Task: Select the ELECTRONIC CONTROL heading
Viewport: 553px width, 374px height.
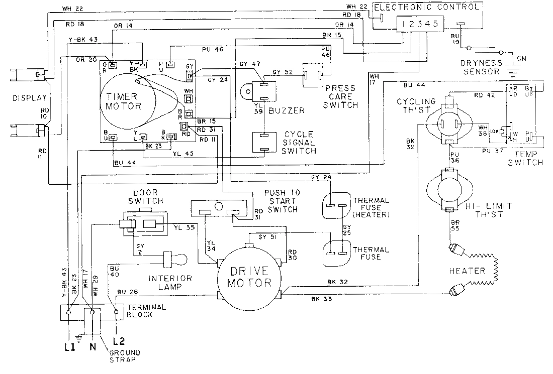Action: pyautogui.click(x=427, y=7)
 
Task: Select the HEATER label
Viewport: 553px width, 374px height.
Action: pyautogui.click(x=467, y=271)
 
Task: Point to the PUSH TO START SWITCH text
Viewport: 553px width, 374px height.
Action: pyautogui.click(x=281, y=201)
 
